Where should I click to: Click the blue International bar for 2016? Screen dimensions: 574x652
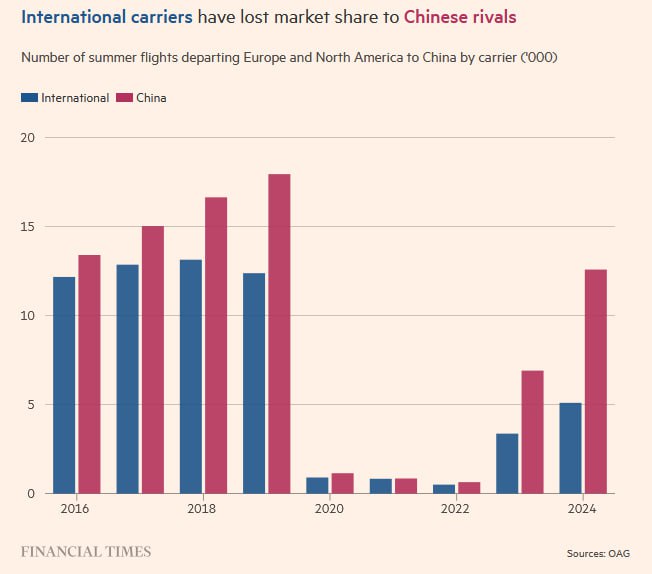point(64,385)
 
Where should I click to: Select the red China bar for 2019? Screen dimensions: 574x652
point(279,334)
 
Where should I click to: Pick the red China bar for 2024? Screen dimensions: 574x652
point(595,381)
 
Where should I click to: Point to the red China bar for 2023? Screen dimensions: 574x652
point(532,432)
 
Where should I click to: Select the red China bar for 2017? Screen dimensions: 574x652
point(152,360)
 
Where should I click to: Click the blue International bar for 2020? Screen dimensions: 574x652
point(317,485)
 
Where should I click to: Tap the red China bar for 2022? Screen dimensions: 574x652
point(469,487)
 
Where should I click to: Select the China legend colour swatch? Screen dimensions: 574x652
point(125,98)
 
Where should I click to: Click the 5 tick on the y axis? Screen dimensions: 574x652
point(31,405)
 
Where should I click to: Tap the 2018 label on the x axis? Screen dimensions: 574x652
point(203,509)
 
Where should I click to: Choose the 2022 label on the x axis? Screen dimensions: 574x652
point(455,509)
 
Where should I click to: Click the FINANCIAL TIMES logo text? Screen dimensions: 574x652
point(86,551)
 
